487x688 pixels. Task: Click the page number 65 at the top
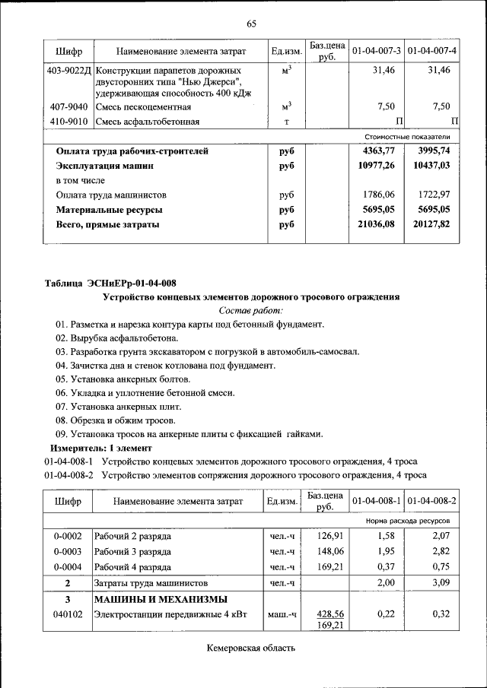[x=250, y=24]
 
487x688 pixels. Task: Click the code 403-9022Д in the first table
[x=68, y=70]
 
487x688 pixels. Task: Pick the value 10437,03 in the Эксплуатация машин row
[x=430, y=165]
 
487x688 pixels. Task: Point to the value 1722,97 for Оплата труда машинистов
[x=431, y=195]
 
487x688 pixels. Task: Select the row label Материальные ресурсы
[x=110, y=209]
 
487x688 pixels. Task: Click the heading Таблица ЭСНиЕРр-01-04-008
[x=110, y=284]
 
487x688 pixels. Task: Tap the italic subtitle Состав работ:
[x=250, y=310]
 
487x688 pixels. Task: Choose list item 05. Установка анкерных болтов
[x=123, y=379]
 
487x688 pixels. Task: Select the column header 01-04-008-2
[x=431, y=501]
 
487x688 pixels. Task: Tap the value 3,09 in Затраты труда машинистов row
[x=441, y=582]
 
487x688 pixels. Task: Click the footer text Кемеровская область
[x=250, y=648]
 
